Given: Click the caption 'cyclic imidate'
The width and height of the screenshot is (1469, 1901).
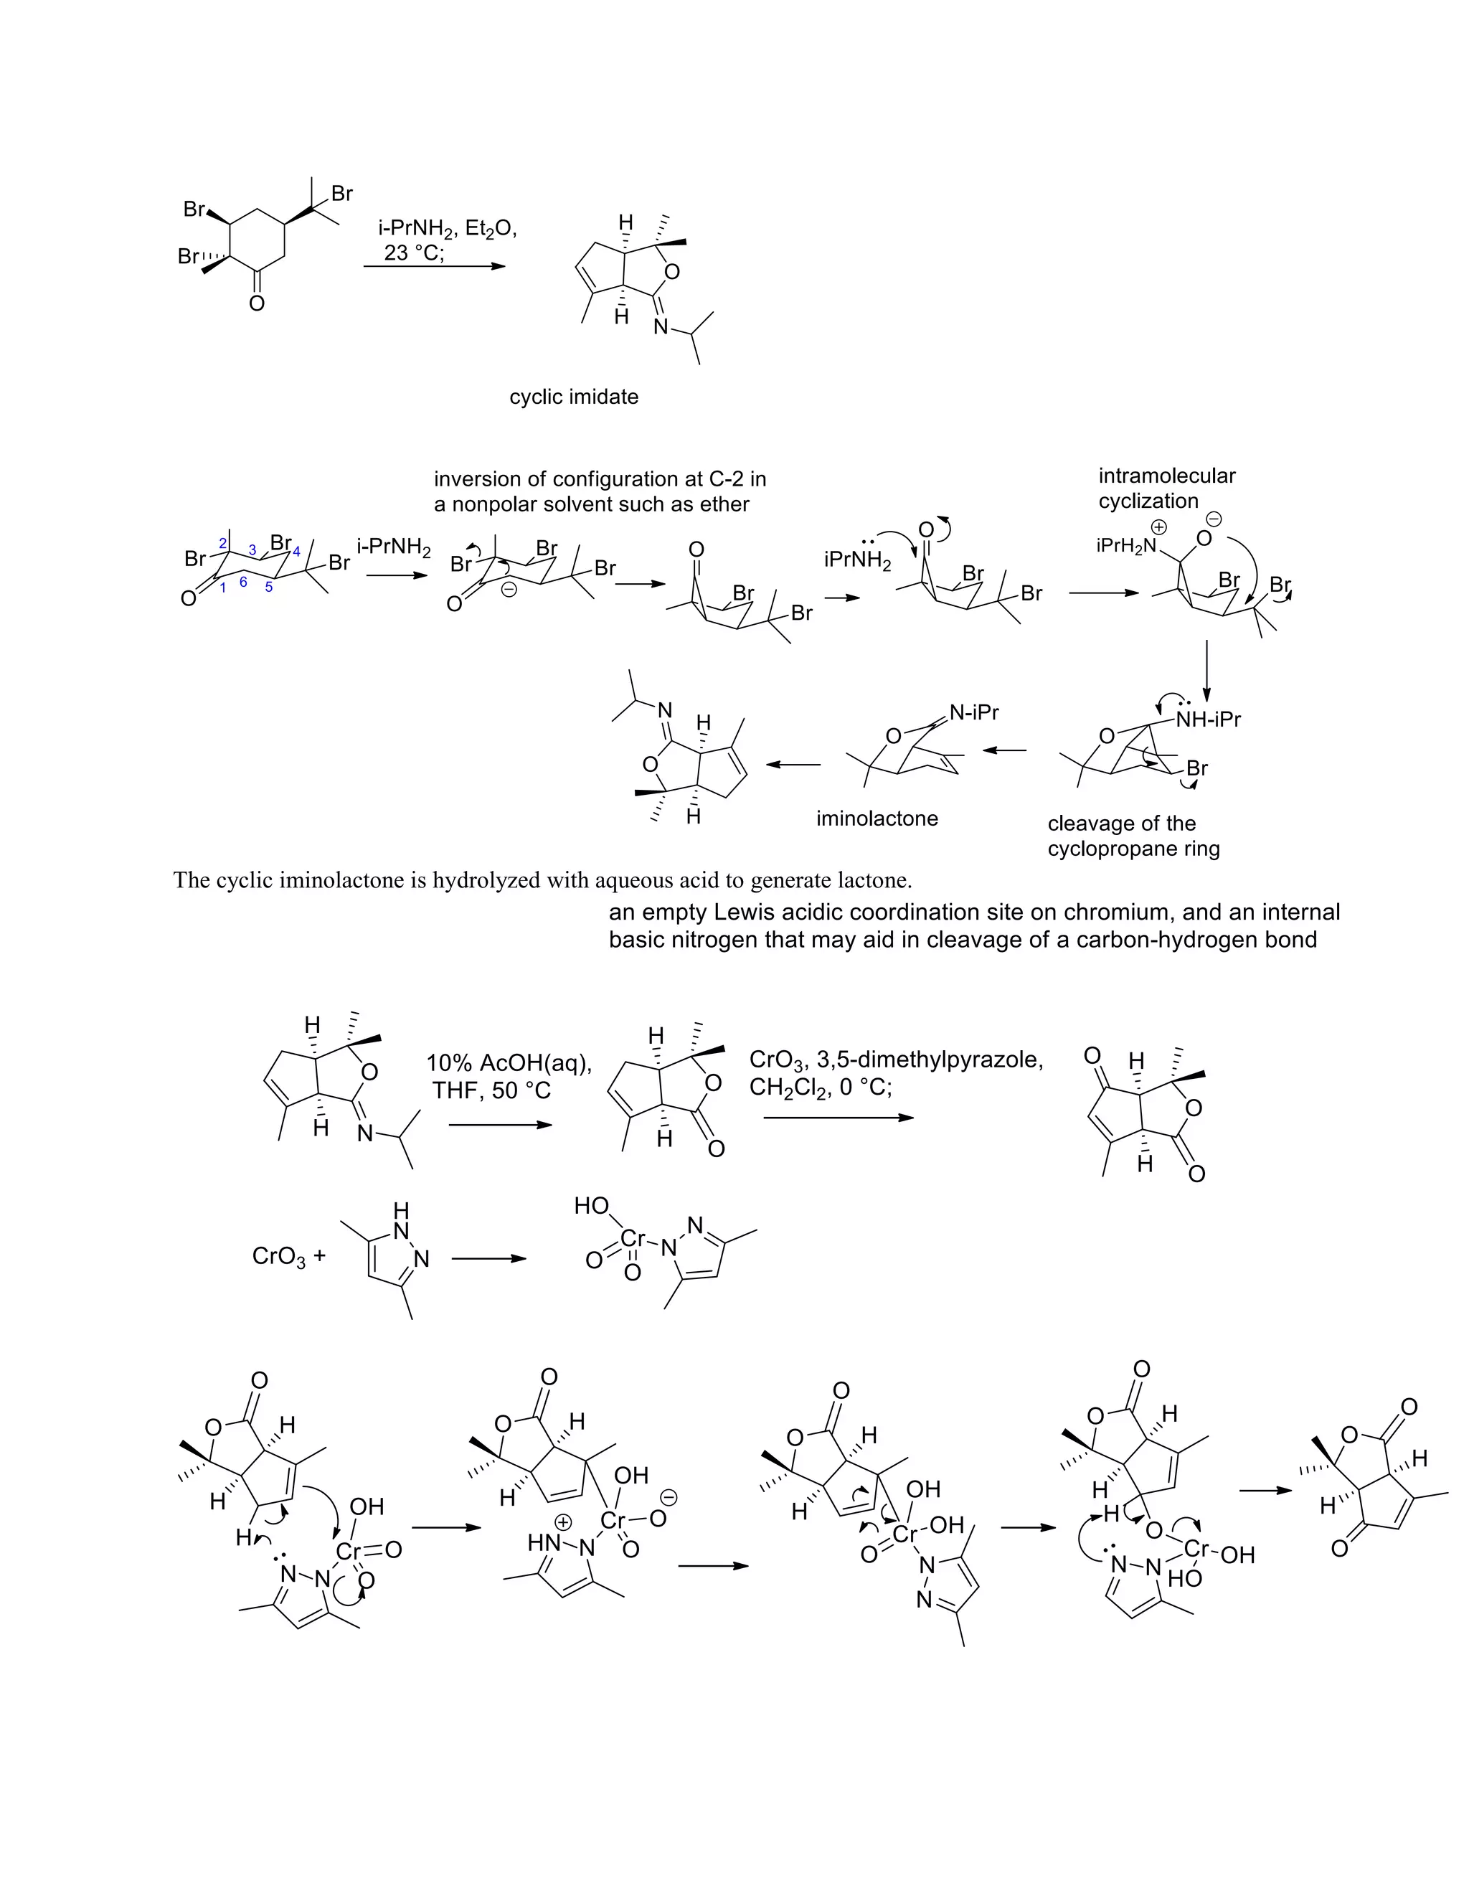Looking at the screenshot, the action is pos(574,397).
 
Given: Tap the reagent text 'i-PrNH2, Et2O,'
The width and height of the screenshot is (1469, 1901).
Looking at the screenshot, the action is pos(448,229).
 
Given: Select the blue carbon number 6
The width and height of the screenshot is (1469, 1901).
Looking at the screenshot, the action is pos(243,582).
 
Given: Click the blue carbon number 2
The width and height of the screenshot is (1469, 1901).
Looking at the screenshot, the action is pos(223,544).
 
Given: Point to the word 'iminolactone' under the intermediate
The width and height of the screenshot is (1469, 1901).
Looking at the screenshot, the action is pos(877,819).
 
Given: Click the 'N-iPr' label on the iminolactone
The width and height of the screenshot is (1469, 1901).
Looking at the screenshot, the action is pos(974,712).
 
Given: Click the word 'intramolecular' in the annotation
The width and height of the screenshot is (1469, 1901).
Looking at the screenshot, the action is pos(1166,476).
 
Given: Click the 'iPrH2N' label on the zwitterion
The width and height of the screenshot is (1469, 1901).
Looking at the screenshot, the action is pos(1127,546).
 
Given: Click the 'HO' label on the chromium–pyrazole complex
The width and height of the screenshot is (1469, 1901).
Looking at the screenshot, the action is pos(591,1206).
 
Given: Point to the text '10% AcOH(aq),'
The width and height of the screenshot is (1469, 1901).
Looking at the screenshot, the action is pos(509,1063).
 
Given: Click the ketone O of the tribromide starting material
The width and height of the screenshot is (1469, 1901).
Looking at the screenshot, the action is pos(256,303).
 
